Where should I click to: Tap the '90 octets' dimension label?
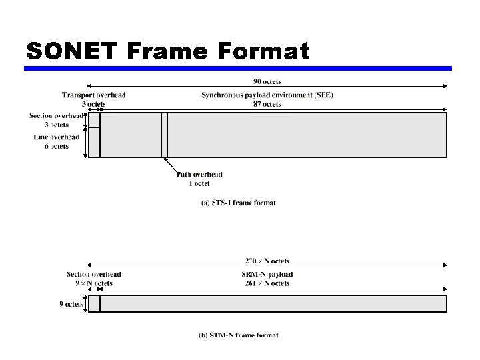(267, 81)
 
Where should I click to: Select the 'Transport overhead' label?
(94, 95)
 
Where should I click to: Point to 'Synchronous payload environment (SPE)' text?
(267, 95)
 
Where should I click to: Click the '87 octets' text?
(267, 104)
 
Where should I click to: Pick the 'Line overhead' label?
(57, 137)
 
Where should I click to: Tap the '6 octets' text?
(57, 146)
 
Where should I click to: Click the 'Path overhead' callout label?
(200, 175)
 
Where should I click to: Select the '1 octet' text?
(199, 183)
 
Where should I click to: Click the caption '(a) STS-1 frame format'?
(239, 203)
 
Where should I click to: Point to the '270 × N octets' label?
(267, 261)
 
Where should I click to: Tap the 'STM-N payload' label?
(267, 275)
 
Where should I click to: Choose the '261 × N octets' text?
(267, 283)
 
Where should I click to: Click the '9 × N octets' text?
(94, 283)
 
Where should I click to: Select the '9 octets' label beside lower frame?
(71, 304)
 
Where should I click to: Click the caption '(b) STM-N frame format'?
(239, 335)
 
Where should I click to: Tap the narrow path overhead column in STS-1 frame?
(165, 135)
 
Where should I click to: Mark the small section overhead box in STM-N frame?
(95, 304)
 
